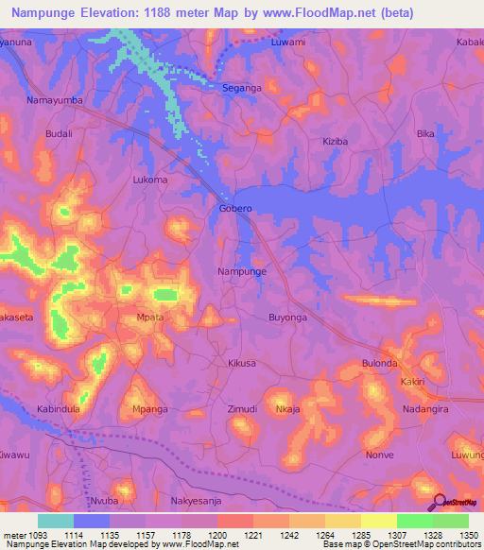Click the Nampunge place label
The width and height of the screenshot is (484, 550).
click(242, 271)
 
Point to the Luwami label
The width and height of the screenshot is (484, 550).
click(288, 43)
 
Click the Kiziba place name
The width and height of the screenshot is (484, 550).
click(335, 141)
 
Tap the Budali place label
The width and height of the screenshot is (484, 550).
click(59, 134)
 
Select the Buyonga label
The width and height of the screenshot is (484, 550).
click(288, 318)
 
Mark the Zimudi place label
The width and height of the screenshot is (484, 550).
click(243, 408)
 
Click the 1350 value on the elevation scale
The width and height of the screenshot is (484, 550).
click(469, 535)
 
